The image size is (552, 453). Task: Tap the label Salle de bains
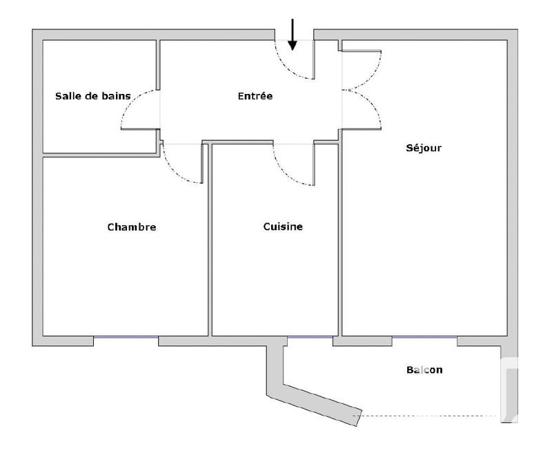click(x=93, y=96)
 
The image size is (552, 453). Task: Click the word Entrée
click(x=255, y=96)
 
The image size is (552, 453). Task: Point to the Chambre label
click(x=132, y=226)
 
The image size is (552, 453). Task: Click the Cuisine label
click(x=283, y=226)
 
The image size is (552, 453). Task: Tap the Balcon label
click(x=424, y=370)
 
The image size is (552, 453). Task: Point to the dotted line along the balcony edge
click(x=428, y=416)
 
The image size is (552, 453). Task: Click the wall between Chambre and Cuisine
click(x=210, y=242)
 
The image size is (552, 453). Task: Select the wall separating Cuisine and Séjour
click(x=340, y=242)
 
